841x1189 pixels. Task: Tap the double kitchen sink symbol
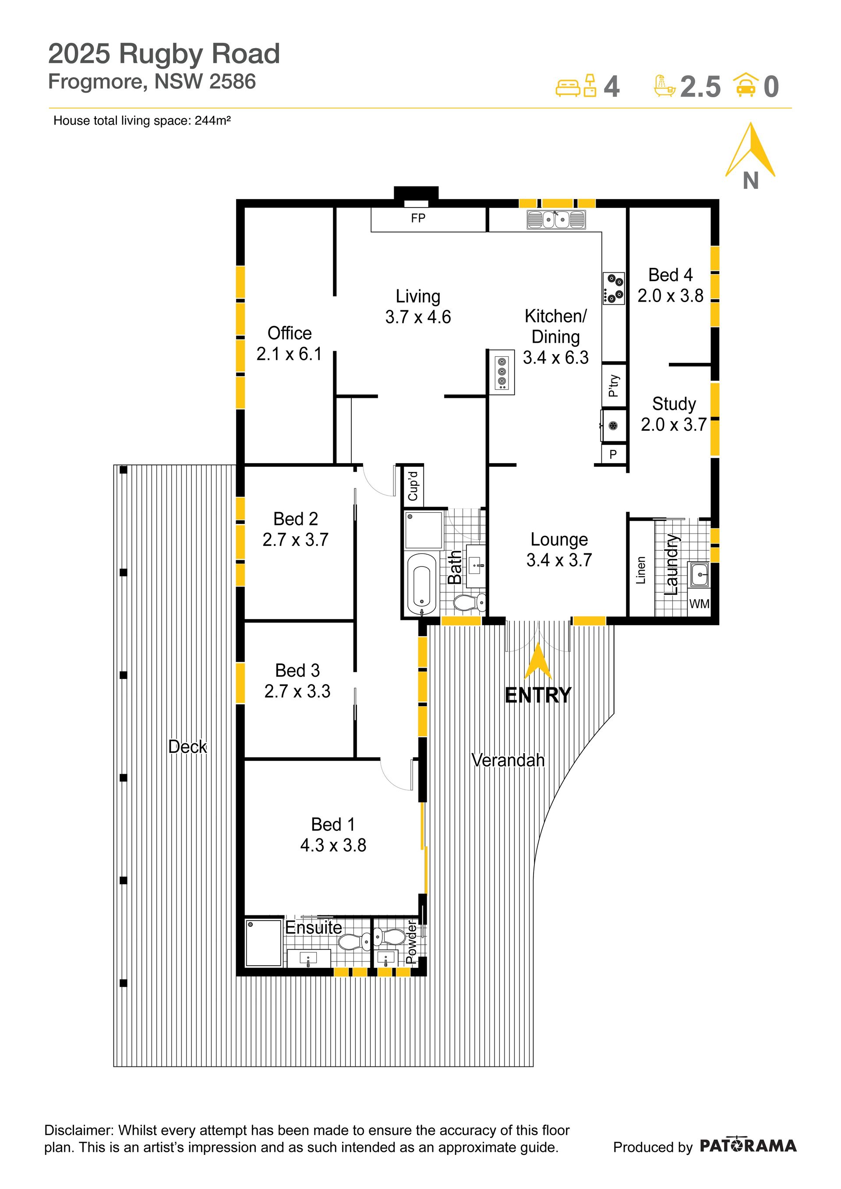point(556,220)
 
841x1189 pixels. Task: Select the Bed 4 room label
point(670,274)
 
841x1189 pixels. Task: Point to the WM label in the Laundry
point(699,604)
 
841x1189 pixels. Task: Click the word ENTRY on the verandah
point(538,695)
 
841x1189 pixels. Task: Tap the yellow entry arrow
point(538,660)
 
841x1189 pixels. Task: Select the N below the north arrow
point(750,181)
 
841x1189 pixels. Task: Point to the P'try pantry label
point(614,386)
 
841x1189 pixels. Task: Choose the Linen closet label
point(641,570)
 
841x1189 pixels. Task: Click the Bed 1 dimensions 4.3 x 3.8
point(333,845)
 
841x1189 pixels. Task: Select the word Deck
point(187,746)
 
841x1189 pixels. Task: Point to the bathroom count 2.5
point(700,87)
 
